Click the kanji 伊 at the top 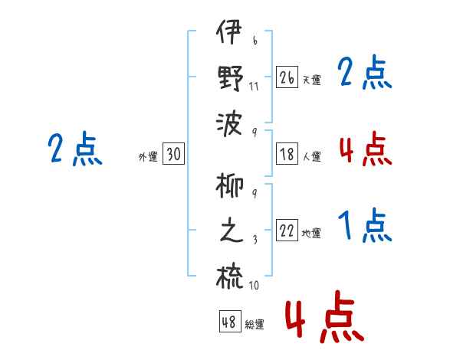click(229, 31)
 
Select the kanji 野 click(231, 78)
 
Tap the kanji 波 click(229, 124)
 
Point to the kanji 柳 click(230, 185)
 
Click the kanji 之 click(232, 231)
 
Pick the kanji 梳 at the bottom click(230, 277)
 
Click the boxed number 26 click(287, 77)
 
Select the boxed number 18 click(287, 154)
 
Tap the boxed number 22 click(287, 230)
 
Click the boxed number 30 click(173, 153)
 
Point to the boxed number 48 click(230, 321)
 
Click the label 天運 click(312, 80)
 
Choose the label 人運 click(312, 156)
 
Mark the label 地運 click(311, 233)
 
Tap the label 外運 click(148, 157)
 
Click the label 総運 click(255, 324)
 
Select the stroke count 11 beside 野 click(254, 87)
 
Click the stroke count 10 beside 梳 click(254, 285)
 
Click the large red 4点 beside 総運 click(324, 316)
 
